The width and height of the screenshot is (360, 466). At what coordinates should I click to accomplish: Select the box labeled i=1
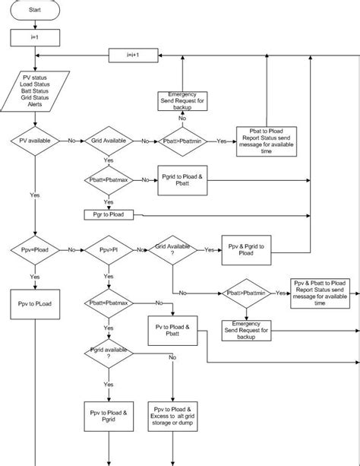[33, 36]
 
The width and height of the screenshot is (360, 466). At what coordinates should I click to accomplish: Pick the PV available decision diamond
[33, 141]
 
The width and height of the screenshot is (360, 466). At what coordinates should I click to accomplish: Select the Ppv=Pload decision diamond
[34, 249]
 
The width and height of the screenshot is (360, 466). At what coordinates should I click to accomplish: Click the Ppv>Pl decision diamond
[109, 249]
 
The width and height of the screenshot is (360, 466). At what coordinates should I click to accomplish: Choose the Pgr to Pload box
[109, 215]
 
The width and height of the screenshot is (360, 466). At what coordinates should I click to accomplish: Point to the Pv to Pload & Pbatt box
[174, 327]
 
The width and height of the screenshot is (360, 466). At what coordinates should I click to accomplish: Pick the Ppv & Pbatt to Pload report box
[322, 293]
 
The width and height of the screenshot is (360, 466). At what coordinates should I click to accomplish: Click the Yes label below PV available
[34, 195]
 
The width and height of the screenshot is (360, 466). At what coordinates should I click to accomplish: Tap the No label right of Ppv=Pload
[71, 249]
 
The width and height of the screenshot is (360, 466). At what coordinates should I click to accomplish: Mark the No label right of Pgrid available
[172, 357]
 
